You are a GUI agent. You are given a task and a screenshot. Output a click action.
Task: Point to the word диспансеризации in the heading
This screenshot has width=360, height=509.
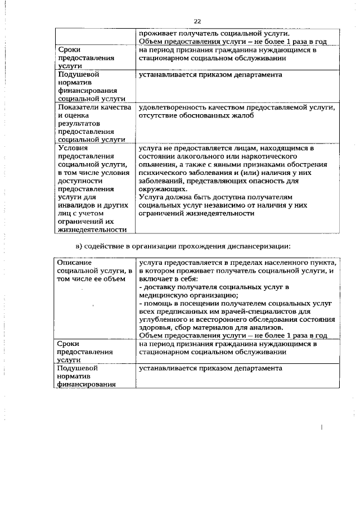(262, 246)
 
